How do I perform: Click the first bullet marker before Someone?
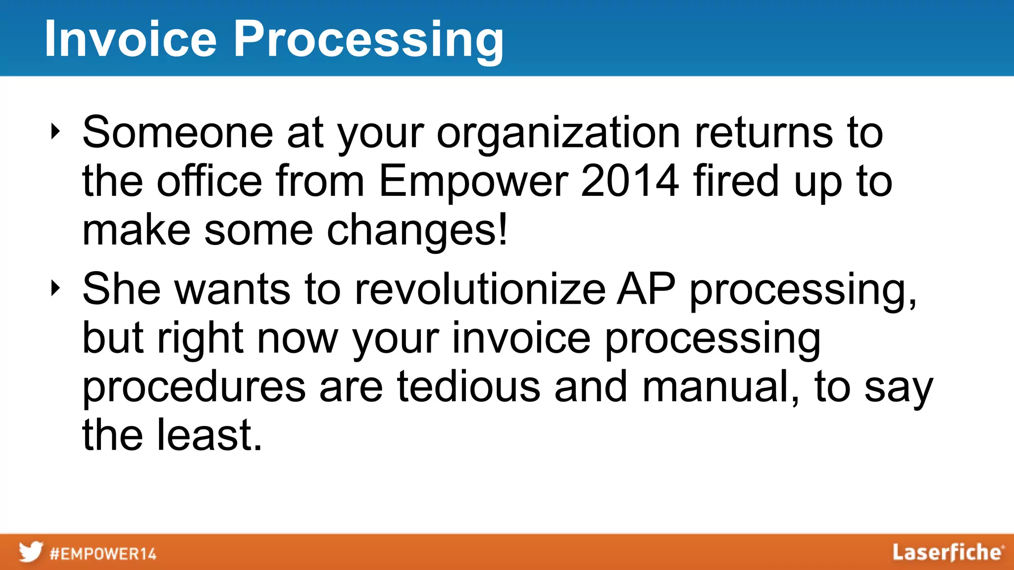(x=55, y=132)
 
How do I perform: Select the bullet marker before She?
(x=55, y=288)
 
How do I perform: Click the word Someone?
(x=177, y=133)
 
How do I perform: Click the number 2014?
(x=629, y=181)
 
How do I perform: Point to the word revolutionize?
(x=480, y=289)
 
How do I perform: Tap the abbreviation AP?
(x=646, y=289)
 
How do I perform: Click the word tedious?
(x=468, y=387)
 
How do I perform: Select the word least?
(x=209, y=435)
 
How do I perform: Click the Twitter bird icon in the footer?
(x=31, y=552)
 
